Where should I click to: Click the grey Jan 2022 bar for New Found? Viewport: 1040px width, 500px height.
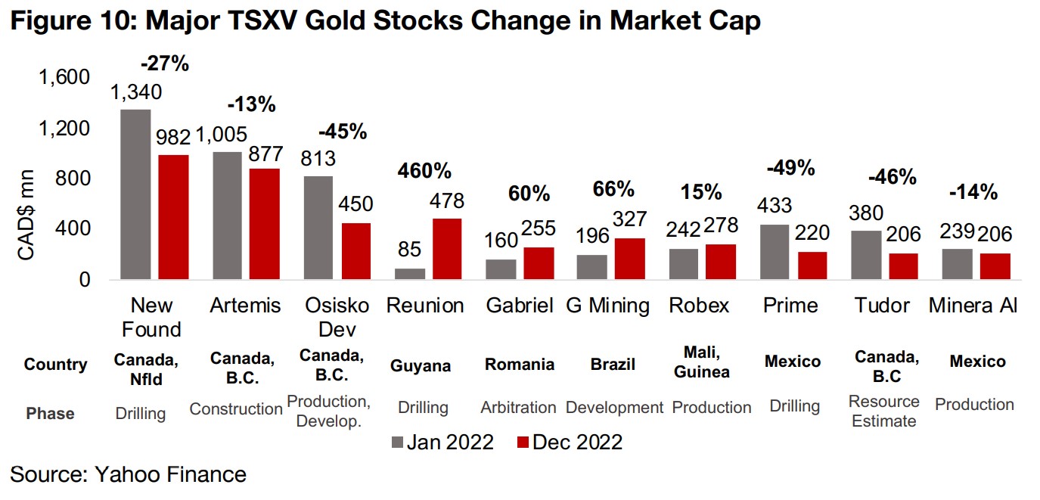point(135,194)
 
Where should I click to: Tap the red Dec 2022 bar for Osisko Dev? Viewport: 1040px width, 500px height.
point(355,251)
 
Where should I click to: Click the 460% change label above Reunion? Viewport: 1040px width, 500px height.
point(424,172)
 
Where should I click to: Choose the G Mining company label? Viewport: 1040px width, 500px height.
point(608,306)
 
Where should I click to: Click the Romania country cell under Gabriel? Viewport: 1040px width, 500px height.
point(519,364)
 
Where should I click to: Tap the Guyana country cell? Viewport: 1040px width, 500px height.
point(421,365)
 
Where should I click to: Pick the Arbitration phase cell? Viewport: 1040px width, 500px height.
point(518,407)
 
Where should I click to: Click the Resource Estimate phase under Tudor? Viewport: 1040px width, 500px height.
point(884,411)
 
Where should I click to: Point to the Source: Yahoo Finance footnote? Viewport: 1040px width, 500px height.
point(129,474)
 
